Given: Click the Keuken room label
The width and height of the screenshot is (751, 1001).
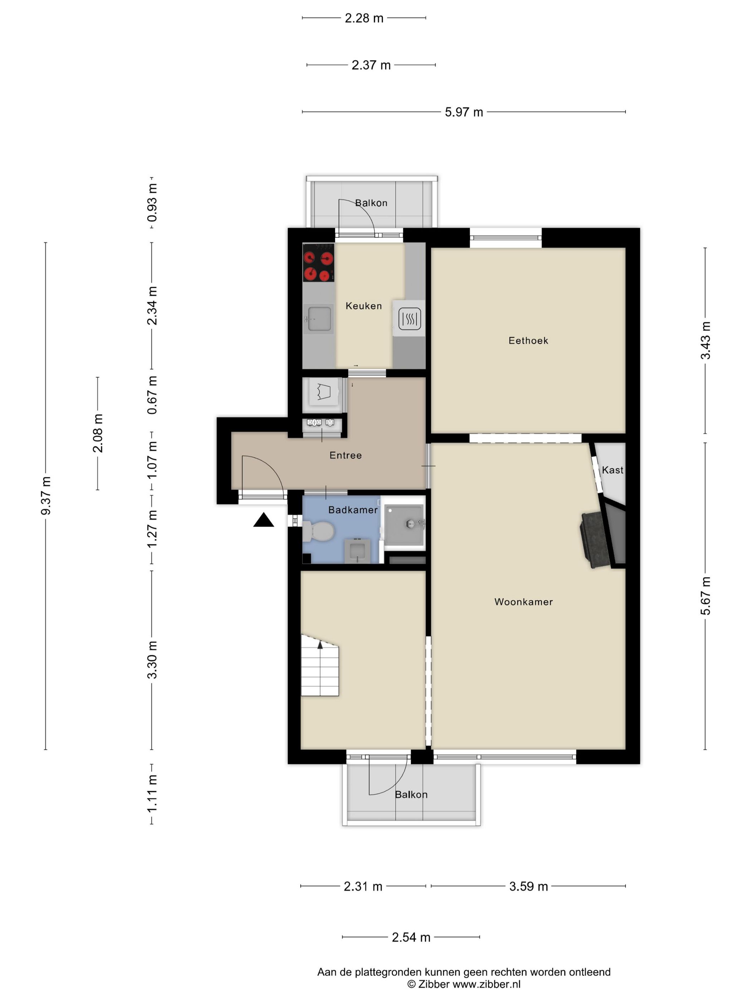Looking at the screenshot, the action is tap(363, 306).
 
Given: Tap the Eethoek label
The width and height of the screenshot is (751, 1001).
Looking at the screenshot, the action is tap(528, 340).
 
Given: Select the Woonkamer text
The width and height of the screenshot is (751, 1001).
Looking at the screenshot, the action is tap(523, 602).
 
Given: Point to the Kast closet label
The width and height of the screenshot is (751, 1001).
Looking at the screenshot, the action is tap(613, 470).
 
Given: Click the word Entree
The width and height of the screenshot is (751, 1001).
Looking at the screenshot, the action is tap(345, 455).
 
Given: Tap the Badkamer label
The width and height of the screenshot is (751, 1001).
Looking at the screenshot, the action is tap(353, 510).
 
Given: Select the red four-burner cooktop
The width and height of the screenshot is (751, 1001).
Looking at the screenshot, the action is tap(318, 262).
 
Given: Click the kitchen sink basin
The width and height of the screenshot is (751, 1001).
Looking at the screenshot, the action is tap(319, 319).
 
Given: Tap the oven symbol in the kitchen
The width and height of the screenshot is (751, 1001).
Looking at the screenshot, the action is tap(409, 318).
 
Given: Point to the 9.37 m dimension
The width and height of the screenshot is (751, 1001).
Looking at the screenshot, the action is tap(46, 495).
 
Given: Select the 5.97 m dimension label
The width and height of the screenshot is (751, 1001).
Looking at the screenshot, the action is tap(463, 112).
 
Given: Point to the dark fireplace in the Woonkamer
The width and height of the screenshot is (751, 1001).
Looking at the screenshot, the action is tap(594, 539).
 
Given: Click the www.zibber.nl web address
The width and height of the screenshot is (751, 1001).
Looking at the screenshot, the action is tap(486, 984).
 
